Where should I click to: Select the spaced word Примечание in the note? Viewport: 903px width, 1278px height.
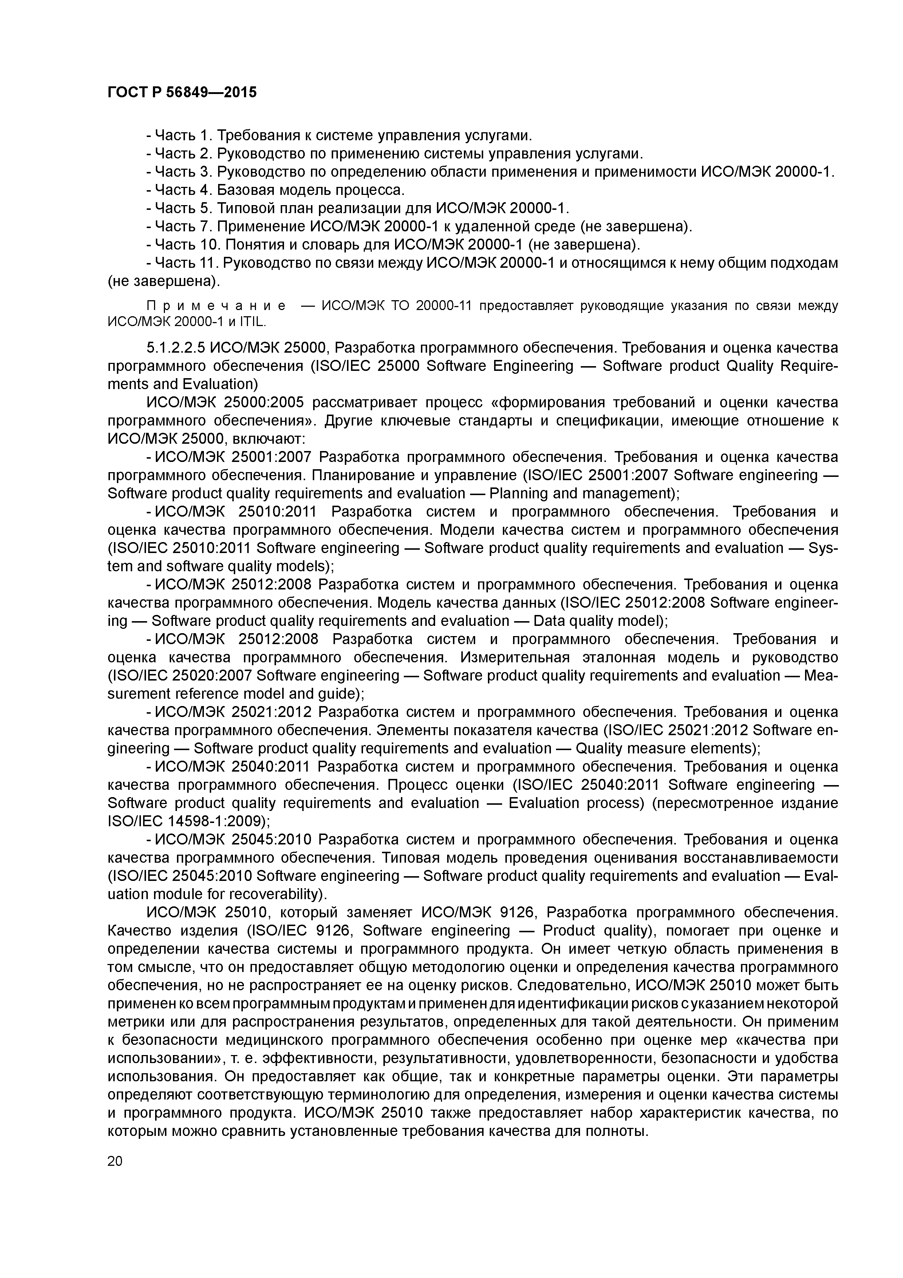[x=216, y=306]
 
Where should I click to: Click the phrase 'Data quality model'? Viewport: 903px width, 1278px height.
[x=596, y=621]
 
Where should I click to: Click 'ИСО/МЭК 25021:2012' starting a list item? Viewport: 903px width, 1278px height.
[x=232, y=712]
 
